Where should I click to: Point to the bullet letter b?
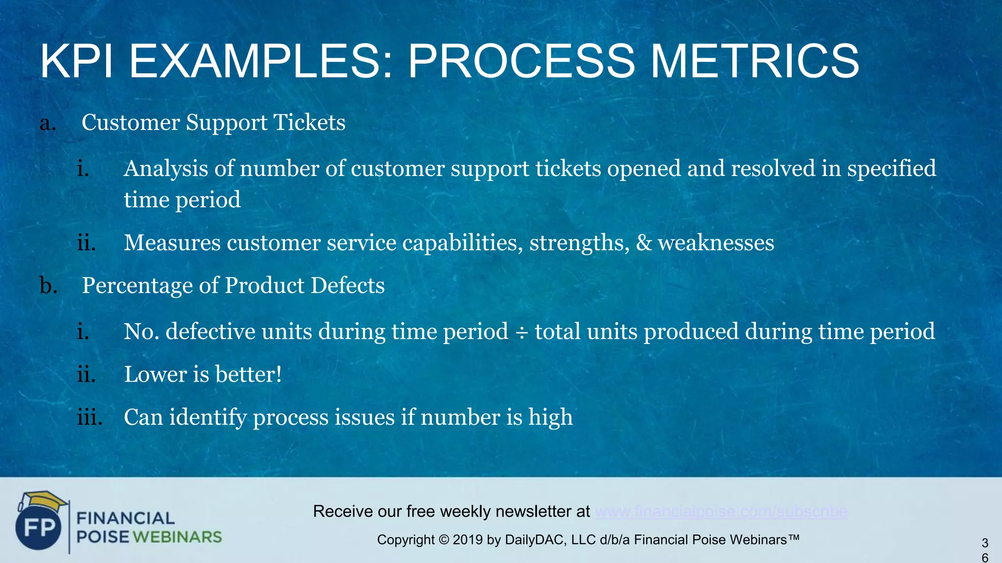(x=48, y=285)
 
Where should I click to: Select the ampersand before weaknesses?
(x=644, y=243)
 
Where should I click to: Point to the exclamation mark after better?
(x=279, y=375)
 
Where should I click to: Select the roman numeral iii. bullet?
(x=90, y=418)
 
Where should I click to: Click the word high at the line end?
(x=550, y=418)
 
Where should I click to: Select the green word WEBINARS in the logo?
(x=177, y=537)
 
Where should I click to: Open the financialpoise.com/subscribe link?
(x=721, y=512)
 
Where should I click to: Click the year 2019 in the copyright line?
(x=468, y=540)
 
